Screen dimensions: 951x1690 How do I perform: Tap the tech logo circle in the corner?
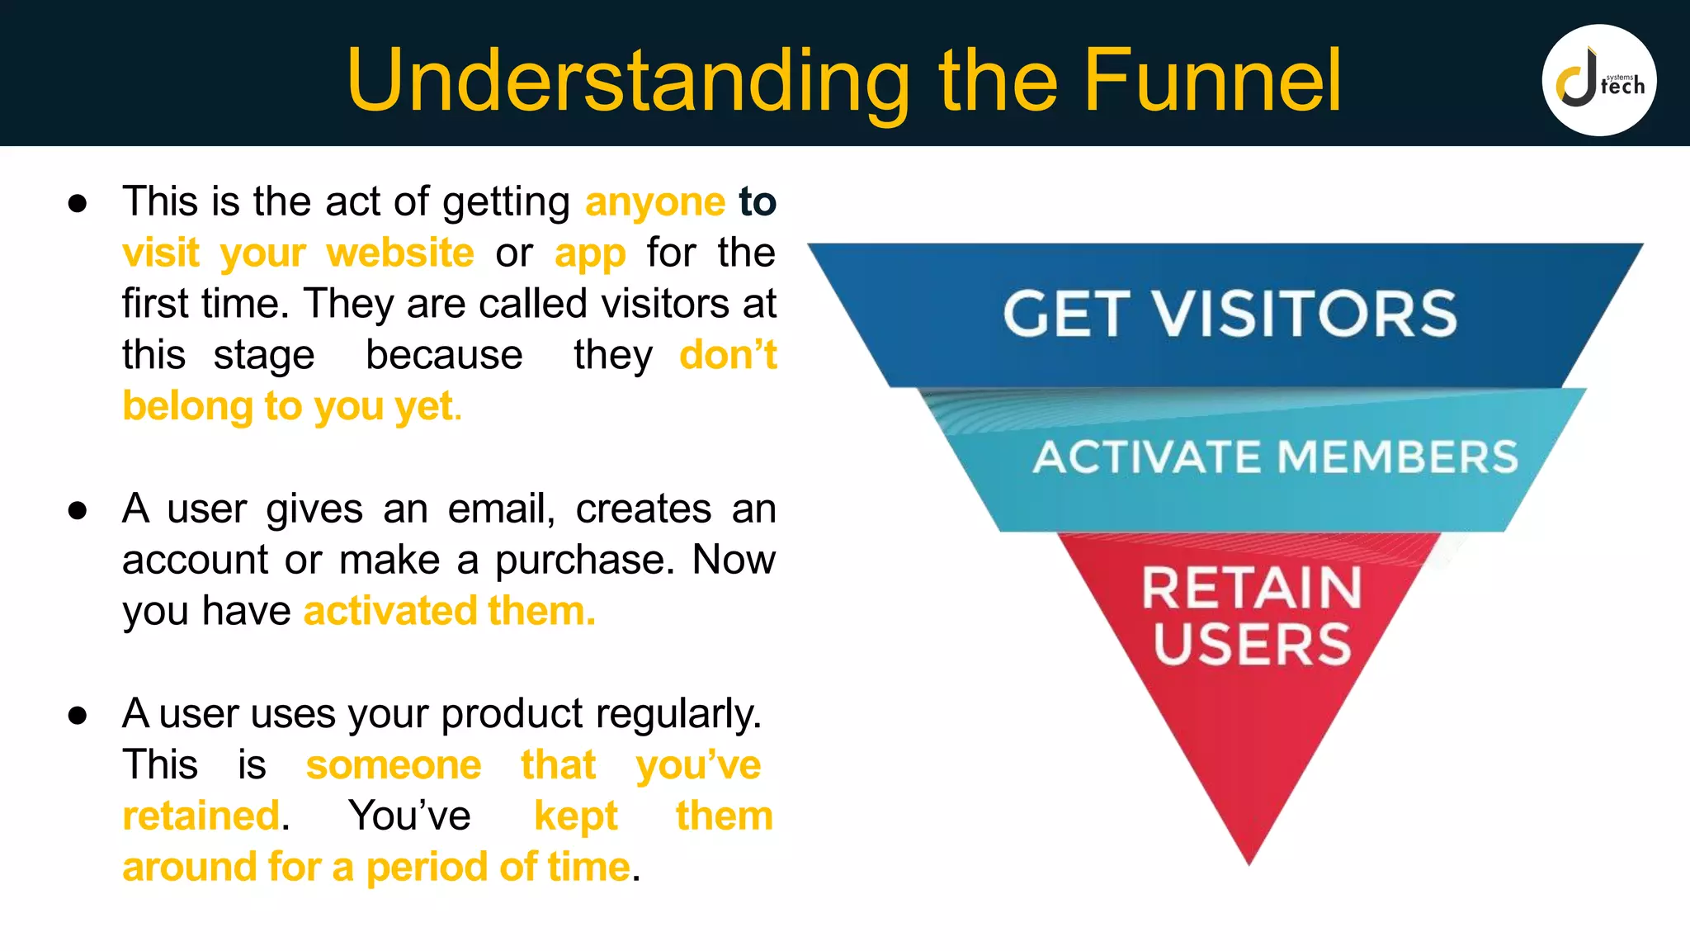tap(1598, 80)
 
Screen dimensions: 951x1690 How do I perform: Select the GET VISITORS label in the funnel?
tap(1230, 314)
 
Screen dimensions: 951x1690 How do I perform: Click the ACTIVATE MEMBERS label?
tap(1275, 457)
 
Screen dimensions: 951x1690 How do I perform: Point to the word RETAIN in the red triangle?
tap(1251, 588)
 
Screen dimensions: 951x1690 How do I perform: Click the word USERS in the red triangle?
tap(1251, 644)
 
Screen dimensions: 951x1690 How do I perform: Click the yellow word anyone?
tap(655, 203)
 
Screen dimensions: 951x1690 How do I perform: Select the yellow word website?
tap(400, 253)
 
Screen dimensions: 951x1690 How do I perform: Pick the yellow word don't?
tap(728, 355)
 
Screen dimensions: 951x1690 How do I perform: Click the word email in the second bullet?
tap(500, 509)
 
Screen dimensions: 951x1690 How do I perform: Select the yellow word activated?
tap(390, 611)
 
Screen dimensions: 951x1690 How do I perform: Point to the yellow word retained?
tap(201, 816)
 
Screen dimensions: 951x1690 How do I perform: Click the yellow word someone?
tap(394, 764)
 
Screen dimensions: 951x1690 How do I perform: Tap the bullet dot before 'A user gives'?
tap(78, 510)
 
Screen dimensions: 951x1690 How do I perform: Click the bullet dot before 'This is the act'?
tap(78, 203)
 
